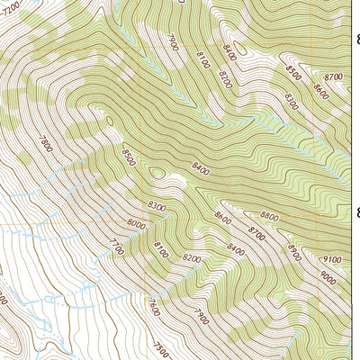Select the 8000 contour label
136,223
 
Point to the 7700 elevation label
115,244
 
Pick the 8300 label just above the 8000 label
157,207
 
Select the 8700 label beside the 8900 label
256,235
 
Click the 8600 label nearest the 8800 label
222,218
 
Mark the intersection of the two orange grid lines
144,223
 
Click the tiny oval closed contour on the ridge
157,172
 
